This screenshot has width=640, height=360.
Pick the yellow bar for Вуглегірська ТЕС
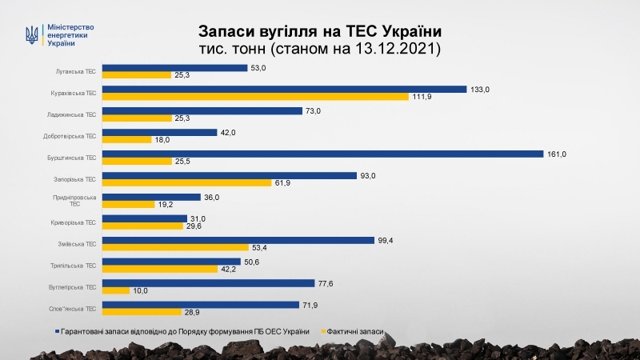tap(116, 290)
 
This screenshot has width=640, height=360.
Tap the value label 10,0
tap(141, 290)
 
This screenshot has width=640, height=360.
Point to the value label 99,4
tap(386, 240)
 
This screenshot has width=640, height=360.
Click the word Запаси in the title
tap(226, 30)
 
